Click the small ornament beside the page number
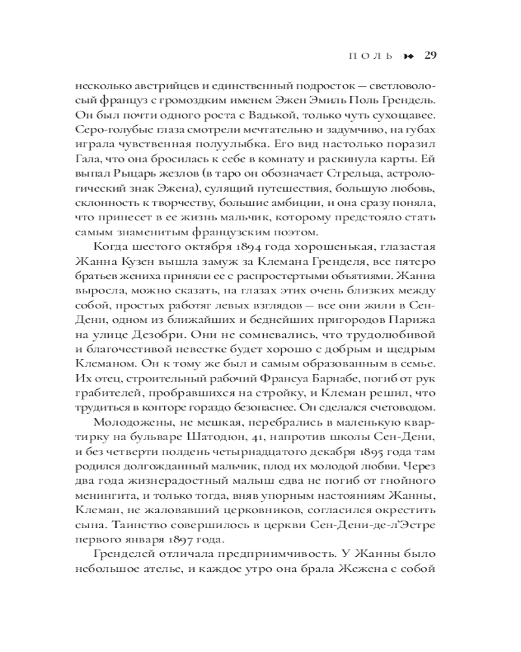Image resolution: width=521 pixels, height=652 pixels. click(x=408, y=55)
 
